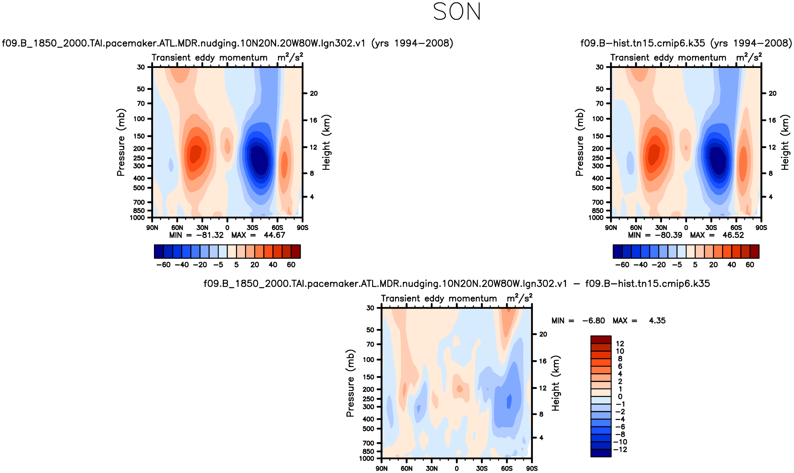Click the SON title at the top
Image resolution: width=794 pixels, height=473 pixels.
tap(457, 12)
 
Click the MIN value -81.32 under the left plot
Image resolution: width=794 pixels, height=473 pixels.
tap(210, 235)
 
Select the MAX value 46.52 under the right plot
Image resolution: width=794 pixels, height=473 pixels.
tap(733, 235)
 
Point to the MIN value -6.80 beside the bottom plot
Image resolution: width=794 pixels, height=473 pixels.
tap(593, 321)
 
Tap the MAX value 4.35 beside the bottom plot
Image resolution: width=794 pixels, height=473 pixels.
tap(657, 321)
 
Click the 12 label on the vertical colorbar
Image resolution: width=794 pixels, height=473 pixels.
tap(620, 344)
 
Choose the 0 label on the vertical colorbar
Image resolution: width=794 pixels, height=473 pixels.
tap(620, 397)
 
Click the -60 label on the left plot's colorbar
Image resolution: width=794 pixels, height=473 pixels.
tap(163, 265)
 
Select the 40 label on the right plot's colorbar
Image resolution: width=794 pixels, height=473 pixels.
tap(732, 265)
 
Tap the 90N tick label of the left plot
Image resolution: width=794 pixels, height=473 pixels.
tap(152, 228)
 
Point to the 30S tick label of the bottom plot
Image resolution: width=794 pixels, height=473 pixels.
tap(482, 469)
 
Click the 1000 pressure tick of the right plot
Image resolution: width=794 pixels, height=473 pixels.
tap(596, 218)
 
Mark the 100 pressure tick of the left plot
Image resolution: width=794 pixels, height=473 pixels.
tap(139, 119)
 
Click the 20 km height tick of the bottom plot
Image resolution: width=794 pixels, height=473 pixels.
tap(543, 334)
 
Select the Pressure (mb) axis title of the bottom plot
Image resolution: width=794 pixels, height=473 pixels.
tap(350, 383)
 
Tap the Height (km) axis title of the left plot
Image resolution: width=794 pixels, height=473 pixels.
tap(326, 142)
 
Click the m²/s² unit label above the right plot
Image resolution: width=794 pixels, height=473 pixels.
tap(749, 57)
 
